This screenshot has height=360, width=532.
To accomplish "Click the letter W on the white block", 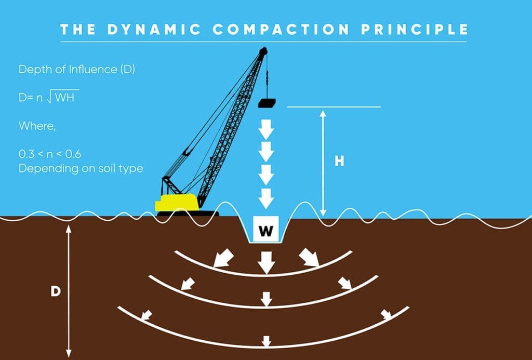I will [265, 231].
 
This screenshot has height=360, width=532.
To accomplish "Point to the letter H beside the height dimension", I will [339, 161].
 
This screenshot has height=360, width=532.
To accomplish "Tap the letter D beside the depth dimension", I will [55, 291].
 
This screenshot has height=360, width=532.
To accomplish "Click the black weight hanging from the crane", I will [267, 103].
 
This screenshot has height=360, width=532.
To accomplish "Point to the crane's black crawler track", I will [187, 213].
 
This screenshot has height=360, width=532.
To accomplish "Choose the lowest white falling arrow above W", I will [267, 197].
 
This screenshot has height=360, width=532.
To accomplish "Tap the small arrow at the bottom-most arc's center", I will [267, 341].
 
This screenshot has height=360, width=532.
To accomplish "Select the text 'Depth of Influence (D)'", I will [77, 70].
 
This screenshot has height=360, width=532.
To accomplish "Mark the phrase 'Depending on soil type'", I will [81, 168].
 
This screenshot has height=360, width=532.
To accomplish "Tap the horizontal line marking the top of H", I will [334, 107].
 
